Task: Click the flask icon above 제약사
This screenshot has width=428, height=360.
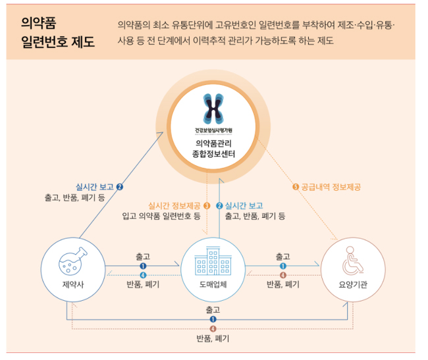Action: point(72,262)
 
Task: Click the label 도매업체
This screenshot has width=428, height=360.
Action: point(213,284)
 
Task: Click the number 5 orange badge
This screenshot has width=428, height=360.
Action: point(295,186)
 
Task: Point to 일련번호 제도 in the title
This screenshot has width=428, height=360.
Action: point(57,43)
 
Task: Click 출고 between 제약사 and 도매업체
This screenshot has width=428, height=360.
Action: point(143,255)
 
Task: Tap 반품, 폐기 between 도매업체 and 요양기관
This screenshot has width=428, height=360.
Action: point(283,284)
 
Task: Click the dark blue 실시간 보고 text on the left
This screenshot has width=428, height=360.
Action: point(95,186)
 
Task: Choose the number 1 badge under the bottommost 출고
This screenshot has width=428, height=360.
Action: point(213,319)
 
